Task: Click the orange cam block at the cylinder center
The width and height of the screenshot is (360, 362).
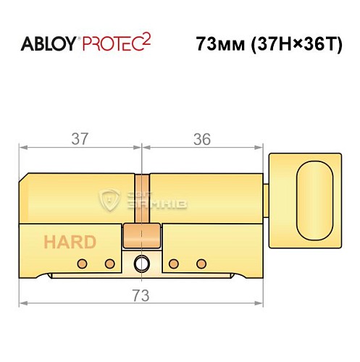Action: point(142,236)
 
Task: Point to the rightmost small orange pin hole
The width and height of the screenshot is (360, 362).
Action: point(202,263)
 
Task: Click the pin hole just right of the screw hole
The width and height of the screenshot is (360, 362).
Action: point(175,263)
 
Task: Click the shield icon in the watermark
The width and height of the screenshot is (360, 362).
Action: point(108,199)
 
